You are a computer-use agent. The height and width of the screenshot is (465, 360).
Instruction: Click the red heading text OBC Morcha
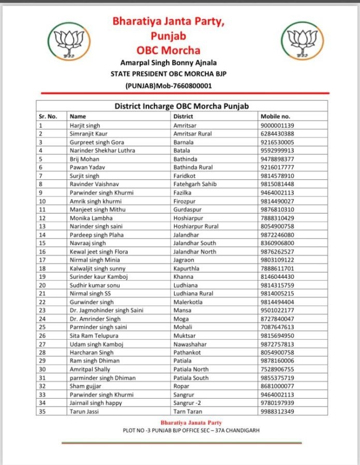168,50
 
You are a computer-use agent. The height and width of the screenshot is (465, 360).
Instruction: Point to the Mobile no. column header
275,116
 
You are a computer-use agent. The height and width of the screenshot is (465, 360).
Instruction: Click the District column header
184,116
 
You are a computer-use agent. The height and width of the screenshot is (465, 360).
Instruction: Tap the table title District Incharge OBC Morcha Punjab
182,106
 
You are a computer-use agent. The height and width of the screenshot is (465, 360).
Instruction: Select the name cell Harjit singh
85,125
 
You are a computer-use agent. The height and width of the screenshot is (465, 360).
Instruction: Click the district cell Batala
182,151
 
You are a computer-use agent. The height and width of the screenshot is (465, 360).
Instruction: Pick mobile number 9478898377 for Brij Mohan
277,159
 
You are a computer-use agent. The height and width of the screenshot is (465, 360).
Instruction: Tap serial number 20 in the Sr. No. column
42,285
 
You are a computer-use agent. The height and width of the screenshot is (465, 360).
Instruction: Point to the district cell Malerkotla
188,302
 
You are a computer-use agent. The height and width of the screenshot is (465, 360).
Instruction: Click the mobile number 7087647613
277,327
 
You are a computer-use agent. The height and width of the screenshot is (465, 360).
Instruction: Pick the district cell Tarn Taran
187,411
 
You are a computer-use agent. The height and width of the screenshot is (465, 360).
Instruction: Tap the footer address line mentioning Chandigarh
187,430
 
